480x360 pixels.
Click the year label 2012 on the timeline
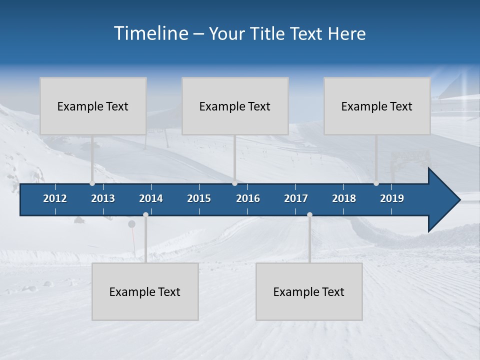(55, 198)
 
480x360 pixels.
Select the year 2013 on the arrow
(103, 198)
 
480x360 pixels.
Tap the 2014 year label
(151, 198)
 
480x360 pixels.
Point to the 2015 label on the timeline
(199, 198)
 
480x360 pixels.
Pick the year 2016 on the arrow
(248, 198)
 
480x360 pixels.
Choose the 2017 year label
(296, 198)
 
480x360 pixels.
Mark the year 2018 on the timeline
(344, 198)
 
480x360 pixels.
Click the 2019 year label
(392, 198)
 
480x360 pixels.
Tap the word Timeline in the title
(150, 33)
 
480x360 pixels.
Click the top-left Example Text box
(93, 106)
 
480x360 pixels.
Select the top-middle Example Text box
(235, 106)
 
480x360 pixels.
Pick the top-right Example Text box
(377, 106)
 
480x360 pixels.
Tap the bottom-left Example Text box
(145, 291)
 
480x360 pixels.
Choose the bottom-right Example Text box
(309, 291)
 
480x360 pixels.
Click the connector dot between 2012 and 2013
(92, 183)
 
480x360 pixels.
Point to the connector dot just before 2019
(376, 183)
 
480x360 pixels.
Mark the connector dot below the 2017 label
(309, 214)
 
